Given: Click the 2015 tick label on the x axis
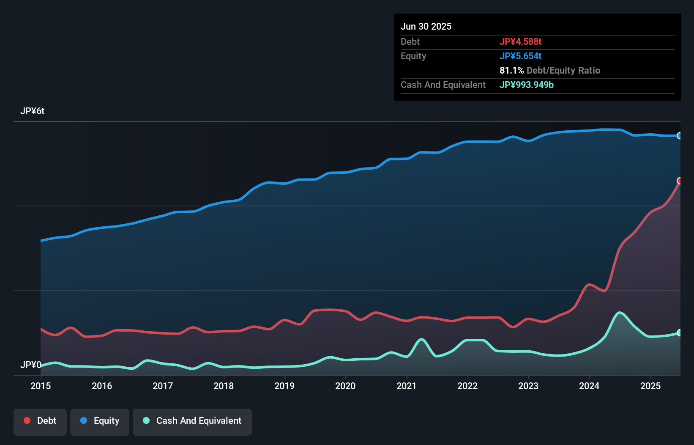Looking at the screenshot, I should click(41, 386).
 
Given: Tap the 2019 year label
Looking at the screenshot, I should click(284, 386).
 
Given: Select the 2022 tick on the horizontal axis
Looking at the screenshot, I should click(467, 386).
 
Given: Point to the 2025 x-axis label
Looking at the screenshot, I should click(650, 386).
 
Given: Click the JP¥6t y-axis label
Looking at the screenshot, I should click(32, 111).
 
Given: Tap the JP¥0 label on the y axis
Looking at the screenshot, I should click(30, 365).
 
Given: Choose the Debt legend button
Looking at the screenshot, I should click(40, 421).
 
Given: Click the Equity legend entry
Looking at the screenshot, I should click(100, 421).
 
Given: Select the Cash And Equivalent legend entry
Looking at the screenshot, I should click(192, 421).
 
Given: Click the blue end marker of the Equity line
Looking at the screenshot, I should click(680, 136).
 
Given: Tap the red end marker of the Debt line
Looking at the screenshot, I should click(680, 181).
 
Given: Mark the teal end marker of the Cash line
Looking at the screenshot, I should click(680, 332).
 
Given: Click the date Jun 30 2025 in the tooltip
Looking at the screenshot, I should click(426, 26).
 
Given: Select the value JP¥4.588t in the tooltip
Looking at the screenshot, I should click(520, 41).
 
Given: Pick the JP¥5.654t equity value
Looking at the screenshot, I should click(520, 56).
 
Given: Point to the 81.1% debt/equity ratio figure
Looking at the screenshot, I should click(511, 70).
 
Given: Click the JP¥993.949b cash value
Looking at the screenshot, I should click(527, 85).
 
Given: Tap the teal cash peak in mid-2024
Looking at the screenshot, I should click(620, 313).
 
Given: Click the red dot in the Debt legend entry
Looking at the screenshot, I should click(27, 420).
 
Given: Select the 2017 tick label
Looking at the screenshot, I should click(163, 386).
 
